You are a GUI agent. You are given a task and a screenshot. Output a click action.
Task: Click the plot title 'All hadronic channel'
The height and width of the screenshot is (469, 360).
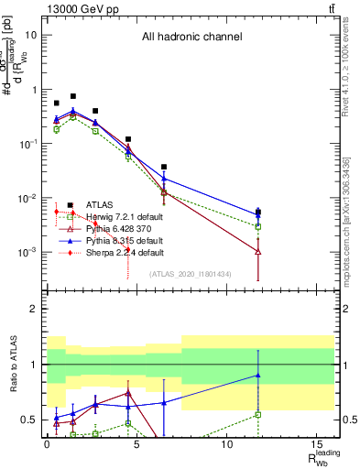pos(191,38)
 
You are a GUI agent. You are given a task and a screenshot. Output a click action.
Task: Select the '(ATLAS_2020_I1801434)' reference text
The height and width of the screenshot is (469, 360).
pos(190,273)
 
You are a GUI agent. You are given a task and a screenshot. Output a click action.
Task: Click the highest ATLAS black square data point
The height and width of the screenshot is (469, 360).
pos(73,96)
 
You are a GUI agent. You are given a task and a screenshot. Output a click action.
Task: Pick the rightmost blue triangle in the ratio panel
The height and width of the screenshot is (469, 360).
pos(258,375)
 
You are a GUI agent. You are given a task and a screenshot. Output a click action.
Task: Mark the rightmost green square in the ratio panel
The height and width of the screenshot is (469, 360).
pos(258,414)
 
